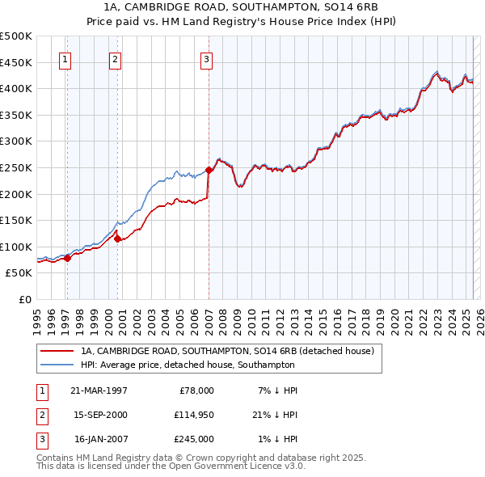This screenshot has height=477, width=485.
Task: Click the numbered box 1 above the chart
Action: pyautogui.click(x=64, y=58)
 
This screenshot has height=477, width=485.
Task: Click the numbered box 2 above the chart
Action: pyautogui.click(x=115, y=58)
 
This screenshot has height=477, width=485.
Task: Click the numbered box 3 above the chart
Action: pyautogui.click(x=206, y=58)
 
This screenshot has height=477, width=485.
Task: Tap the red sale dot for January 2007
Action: pyautogui.click(x=209, y=170)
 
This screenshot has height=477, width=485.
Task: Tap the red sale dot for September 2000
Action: pyautogui.click(x=117, y=238)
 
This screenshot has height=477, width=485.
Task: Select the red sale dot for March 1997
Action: pyautogui.click(x=67, y=258)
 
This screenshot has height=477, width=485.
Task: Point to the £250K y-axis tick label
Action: pyautogui.click(x=16, y=167)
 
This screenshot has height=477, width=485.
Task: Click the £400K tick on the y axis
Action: pyautogui.click(x=16, y=88)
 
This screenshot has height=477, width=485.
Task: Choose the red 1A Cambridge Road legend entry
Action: pyautogui.click(x=226, y=352)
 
